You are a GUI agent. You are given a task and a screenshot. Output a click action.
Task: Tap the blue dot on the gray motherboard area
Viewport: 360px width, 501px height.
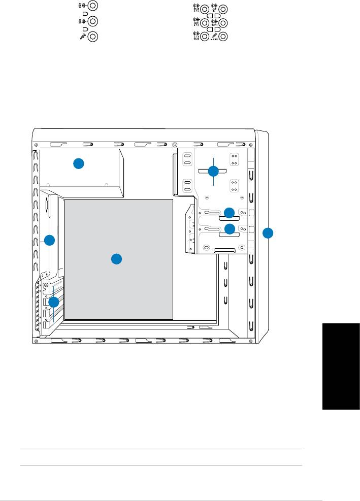point(116,259)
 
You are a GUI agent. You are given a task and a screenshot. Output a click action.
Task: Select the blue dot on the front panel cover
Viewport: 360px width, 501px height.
point(268,233)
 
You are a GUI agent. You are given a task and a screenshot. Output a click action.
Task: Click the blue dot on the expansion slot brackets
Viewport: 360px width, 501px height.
point(54,302)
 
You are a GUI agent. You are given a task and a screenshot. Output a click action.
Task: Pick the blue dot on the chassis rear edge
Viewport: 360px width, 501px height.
point(49,241)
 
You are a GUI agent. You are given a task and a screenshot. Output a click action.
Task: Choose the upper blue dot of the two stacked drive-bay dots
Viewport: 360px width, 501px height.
point(230,213)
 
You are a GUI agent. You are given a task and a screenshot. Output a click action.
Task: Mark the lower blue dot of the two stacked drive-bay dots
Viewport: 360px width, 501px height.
point(230,229)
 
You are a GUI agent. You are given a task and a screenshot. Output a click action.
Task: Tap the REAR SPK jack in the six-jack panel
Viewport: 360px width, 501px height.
point(204,9)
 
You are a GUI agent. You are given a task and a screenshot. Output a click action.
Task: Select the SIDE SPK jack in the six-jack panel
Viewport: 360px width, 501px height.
point(204,23)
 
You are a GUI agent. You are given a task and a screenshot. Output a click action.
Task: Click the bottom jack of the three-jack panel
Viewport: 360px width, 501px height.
point(93,37)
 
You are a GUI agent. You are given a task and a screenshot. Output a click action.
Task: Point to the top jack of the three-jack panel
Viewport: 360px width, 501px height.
point(93,7)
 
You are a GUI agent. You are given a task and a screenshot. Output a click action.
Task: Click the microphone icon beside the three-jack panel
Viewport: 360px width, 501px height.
point(81,37)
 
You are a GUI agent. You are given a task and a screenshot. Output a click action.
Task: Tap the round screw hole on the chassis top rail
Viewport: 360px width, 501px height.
point(175,144)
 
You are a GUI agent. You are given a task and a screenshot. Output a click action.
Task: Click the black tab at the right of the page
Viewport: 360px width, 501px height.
point(341,365)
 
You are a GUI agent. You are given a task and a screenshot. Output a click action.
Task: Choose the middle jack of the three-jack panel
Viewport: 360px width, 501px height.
point(93,22)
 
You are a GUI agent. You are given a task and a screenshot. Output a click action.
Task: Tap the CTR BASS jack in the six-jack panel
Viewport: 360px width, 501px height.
point(204,37)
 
